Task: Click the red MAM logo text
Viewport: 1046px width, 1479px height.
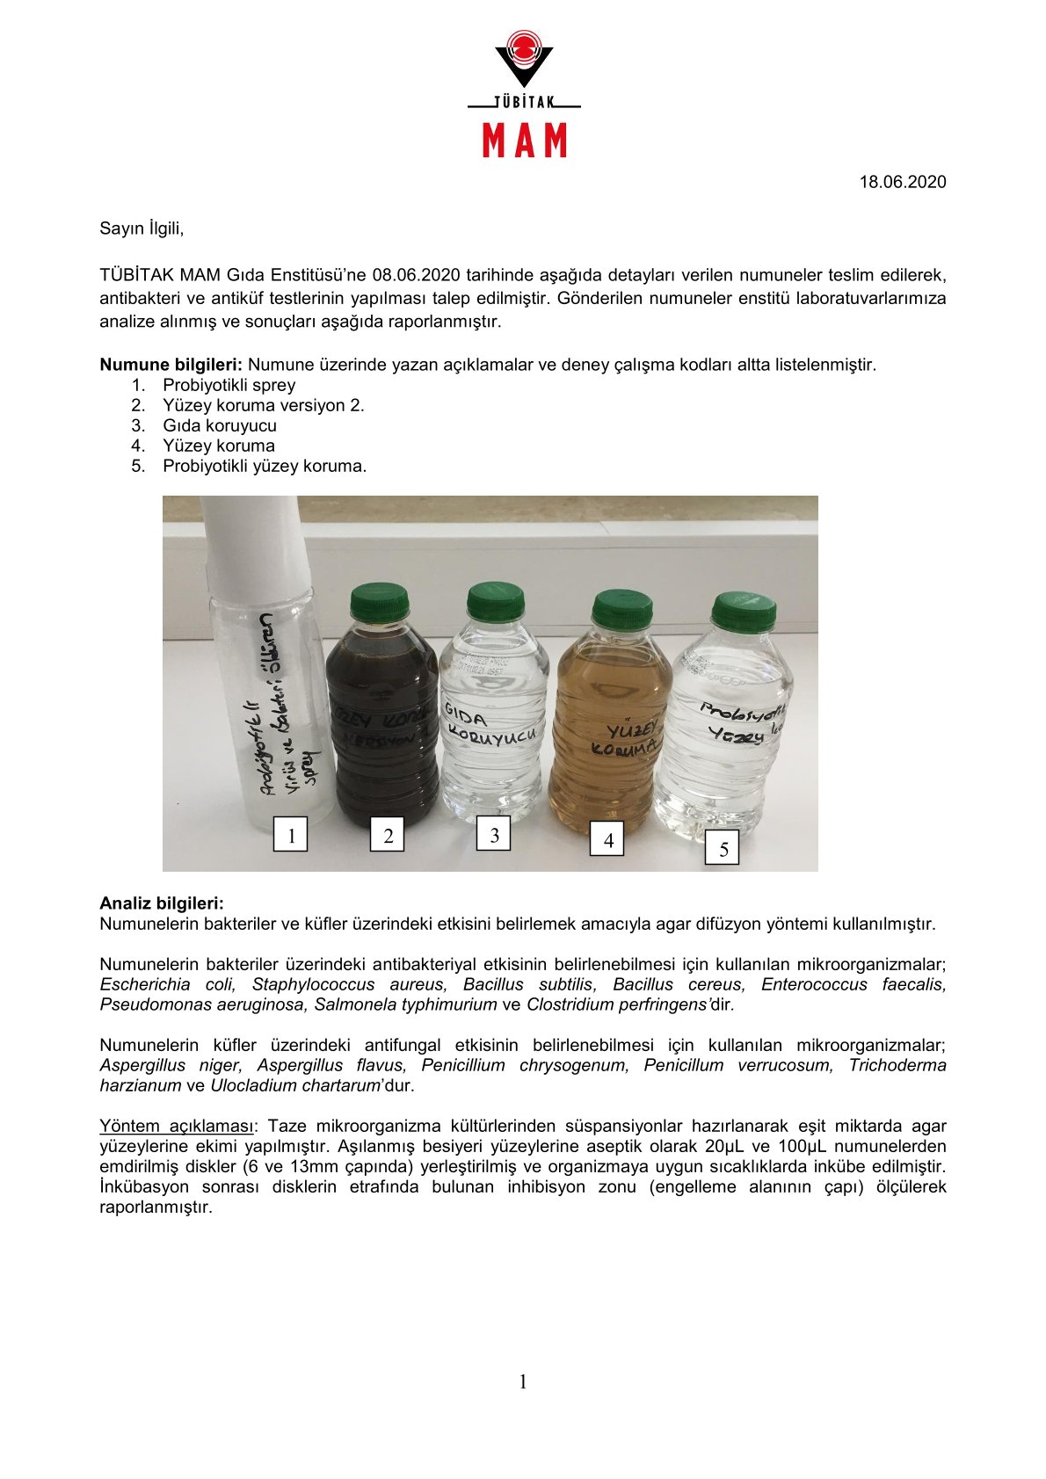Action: [524, 141]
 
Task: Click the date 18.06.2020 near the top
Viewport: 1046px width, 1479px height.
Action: [902, 182]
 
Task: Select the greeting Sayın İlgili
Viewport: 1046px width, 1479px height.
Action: [142, 228]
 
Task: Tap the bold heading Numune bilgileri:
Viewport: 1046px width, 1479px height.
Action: [171, 365]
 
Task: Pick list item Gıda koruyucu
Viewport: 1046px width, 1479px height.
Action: [220, 425]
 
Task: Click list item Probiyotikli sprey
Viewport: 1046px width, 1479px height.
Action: [229, 385]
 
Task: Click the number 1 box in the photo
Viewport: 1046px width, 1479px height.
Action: [291, 834]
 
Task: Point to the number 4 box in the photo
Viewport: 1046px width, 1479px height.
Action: [608, 839]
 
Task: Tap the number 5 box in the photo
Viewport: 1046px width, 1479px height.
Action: [723, 849]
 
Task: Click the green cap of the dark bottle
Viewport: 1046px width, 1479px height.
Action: [380, 603]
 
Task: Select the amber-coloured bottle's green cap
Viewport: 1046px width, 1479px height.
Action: [622, 610]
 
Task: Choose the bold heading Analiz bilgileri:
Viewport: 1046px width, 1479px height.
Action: [162, 903]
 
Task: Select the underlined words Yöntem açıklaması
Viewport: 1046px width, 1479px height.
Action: [176, 1126]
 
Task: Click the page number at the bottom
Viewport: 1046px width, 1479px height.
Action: [523, 1382]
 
